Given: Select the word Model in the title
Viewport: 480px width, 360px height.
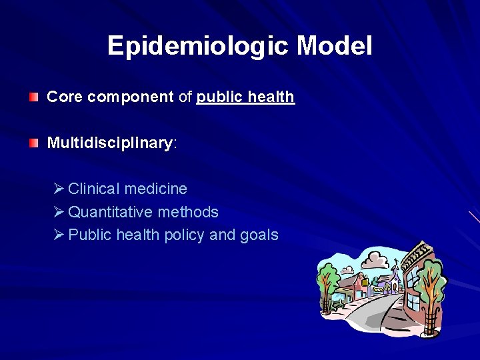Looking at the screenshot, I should pyautogui.click(x=335, y=46).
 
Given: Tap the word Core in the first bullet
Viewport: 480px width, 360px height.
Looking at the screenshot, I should pyautogui.click(x=65, y=97).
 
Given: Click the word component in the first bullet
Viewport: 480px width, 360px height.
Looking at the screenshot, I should pyautogui.click(x=131, y=97).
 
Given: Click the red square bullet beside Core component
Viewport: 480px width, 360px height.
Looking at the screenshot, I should pyautogui.click(x=34, y=97).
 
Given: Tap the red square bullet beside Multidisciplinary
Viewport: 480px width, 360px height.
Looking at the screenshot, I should pyautogui.click(x=34, y=143).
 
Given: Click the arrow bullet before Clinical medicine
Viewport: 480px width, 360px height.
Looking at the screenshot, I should pyautogui.click(x=58, y=189).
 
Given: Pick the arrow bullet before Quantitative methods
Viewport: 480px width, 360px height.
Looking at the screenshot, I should pyautogui.click(x=58, y=212).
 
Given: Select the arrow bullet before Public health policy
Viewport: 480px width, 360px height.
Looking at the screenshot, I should pyautogui.click(x=58, y=235).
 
